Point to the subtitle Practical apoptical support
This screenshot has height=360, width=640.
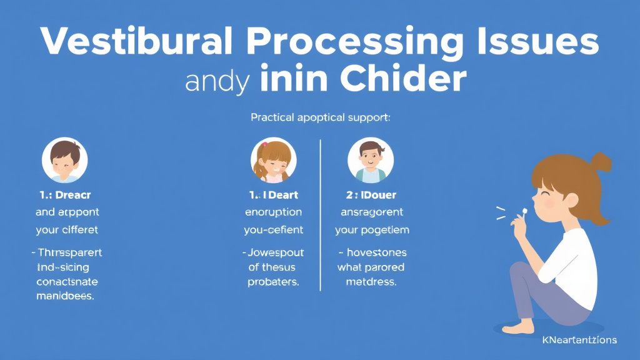[320, 117]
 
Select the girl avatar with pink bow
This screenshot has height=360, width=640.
[273, 161]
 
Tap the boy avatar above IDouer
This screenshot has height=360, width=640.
[371, 161]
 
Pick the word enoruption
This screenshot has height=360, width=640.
[273, 212]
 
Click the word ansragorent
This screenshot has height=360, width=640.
[372, 212]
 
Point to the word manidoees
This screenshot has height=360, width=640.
[64, 297]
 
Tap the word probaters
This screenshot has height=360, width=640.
[273, 282]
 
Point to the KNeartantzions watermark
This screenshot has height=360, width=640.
[579, 341]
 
